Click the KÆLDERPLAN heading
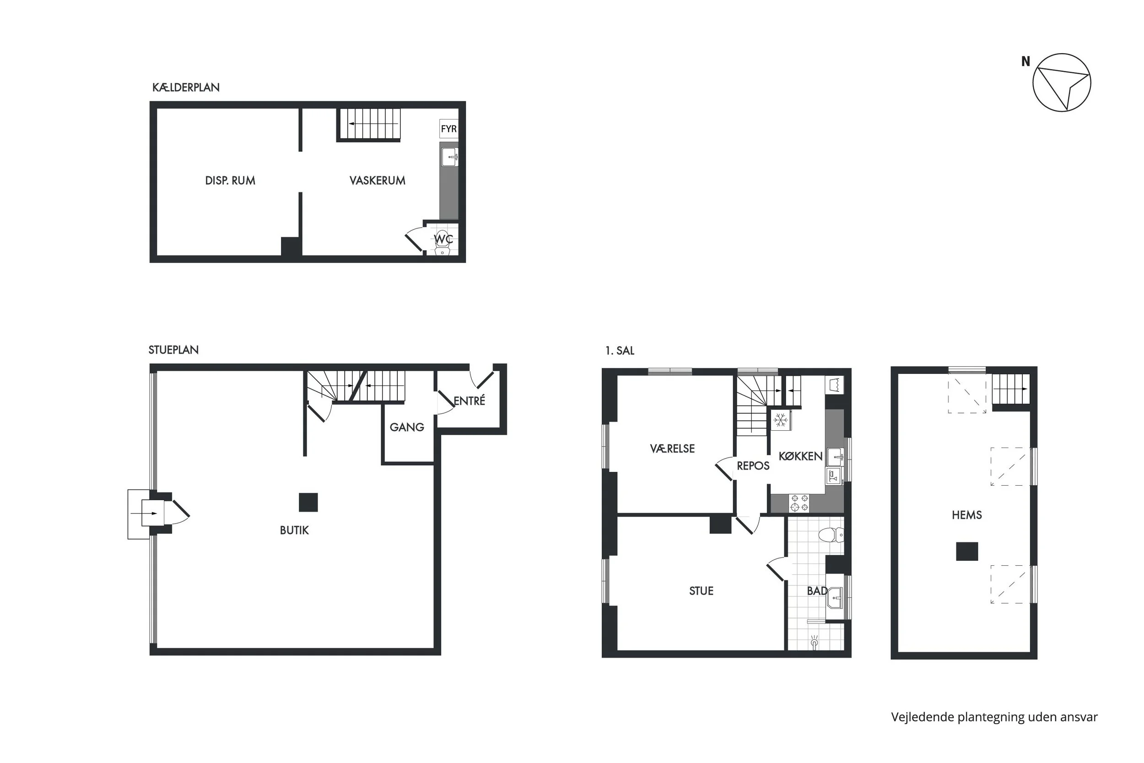click(186, 87)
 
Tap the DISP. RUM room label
click(230, 180)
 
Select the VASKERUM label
click(378, 180)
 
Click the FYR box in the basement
click(448, 129)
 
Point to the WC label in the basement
click(443, 239)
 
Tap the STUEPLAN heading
click(173, 350)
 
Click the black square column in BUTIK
click(308, 502)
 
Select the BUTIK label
click(294, 530)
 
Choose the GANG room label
click(407, 427)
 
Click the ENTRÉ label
click(469, 400)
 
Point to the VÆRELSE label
click(672, 449)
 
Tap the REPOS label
click(753, 465)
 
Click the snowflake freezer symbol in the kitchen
click(781, 420)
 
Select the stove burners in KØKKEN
click(799, 503)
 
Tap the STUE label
click(702, 591)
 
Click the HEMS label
click(966, 515)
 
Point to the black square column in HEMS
click(967, 552)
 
